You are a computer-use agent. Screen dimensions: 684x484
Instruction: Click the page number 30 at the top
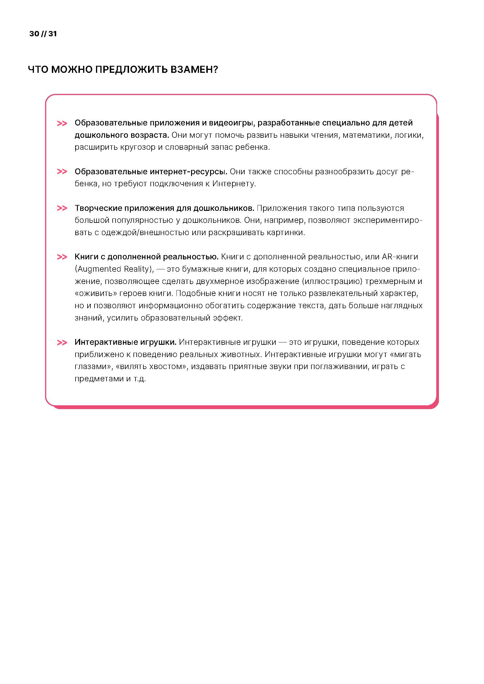click(34, 34)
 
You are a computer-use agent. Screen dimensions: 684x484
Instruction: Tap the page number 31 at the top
click(52, 34)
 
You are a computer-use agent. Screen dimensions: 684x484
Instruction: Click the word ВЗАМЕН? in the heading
click(194, 69)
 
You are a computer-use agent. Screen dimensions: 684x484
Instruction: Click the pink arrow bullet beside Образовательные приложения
click(62, 123)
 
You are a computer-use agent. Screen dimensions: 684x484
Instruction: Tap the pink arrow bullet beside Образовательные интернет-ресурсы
click(62, 172)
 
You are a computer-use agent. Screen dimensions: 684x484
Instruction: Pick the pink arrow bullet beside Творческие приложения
click(62, 208)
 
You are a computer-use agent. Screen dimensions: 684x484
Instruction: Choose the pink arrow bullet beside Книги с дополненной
click(62, 257)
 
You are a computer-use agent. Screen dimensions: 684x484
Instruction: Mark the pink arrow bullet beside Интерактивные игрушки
click(62, 343)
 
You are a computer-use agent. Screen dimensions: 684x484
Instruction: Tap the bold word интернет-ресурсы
click(188, 172)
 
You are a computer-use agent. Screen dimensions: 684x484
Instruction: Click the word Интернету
click(234, 184)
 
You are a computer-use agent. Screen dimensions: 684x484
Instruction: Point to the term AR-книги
click(400, 256)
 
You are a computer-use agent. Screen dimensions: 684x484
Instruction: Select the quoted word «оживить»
click(96, 293)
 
